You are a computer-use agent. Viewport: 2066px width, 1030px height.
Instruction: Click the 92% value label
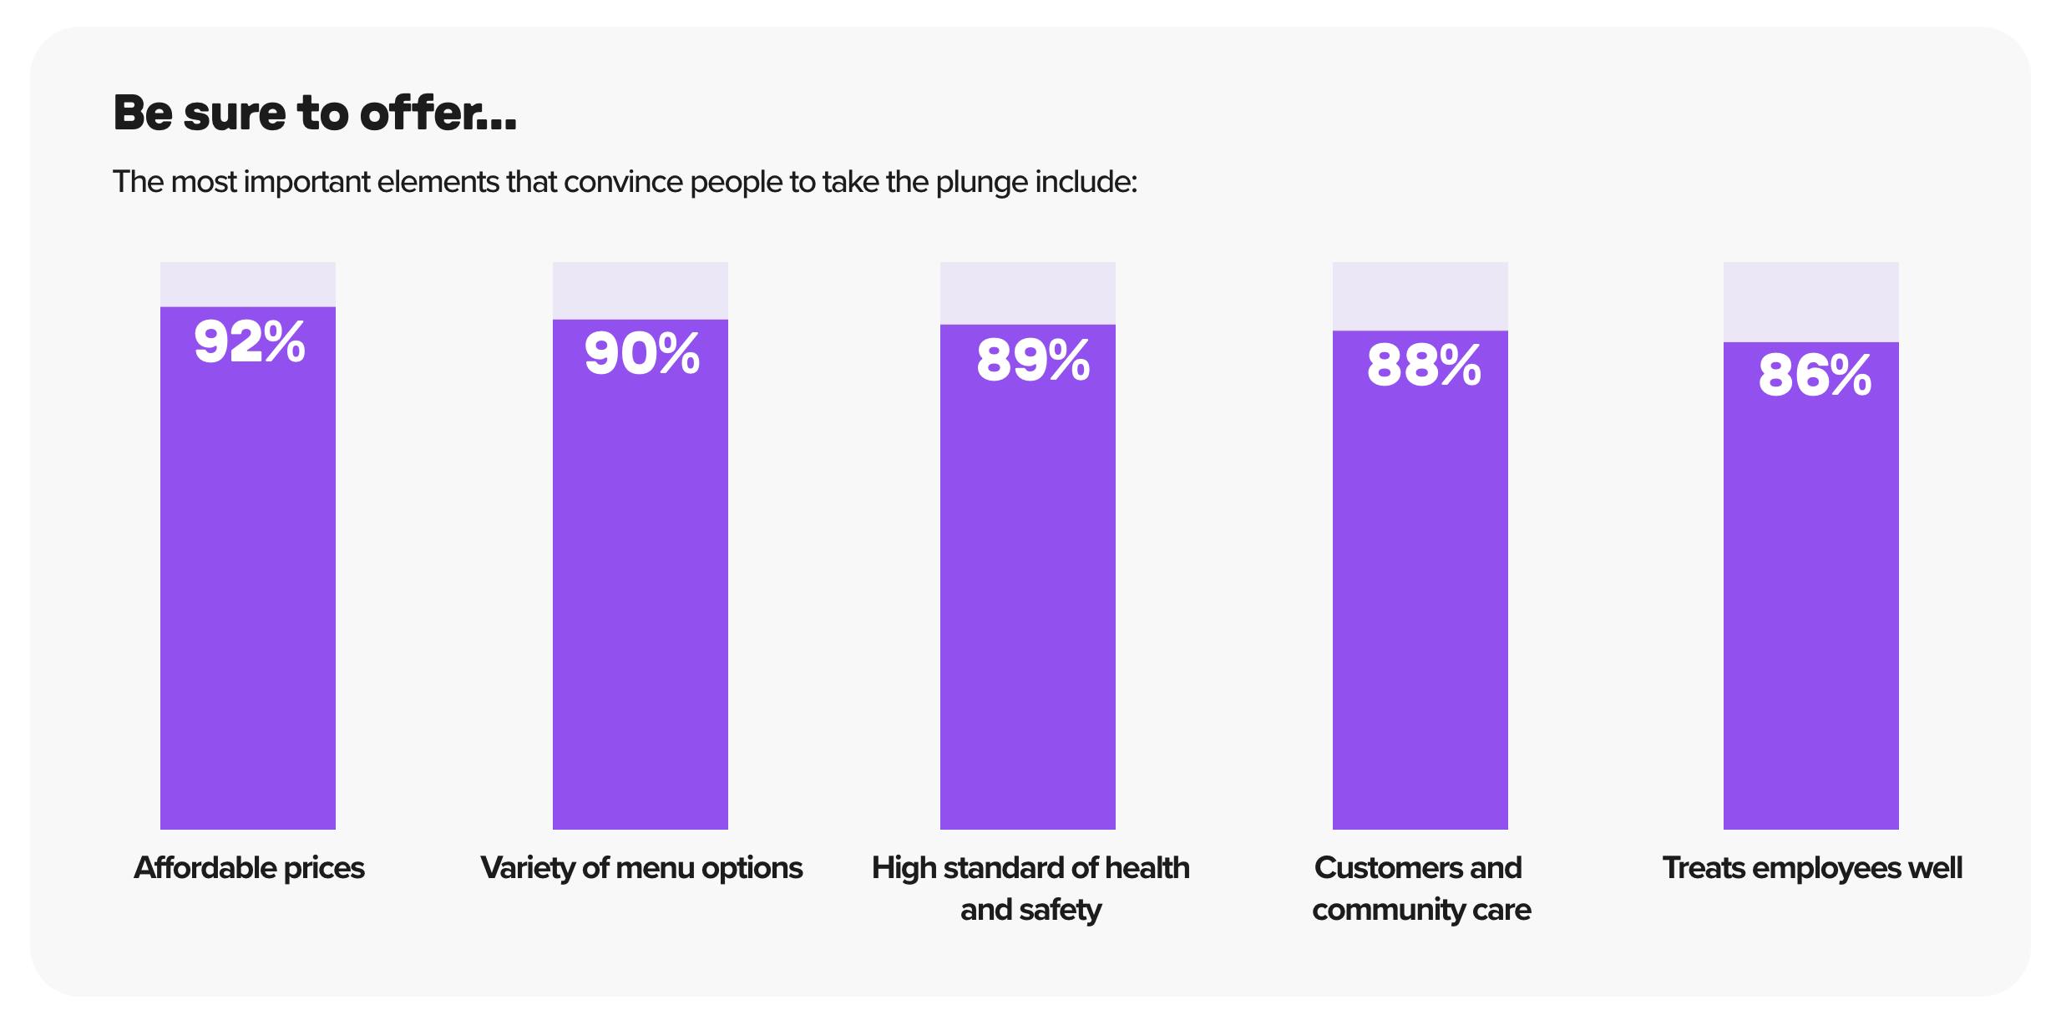(x=249, y=342)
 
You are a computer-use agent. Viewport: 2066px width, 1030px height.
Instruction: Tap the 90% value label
(x=641, y=354)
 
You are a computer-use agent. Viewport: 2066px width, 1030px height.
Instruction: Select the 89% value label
(x=1032, y=361)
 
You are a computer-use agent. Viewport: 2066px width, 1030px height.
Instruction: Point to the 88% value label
(x=1423, y=366)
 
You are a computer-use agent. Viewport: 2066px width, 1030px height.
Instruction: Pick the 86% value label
(x=1814, y=376)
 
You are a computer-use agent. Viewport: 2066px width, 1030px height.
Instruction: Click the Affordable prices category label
(x=249, y=868)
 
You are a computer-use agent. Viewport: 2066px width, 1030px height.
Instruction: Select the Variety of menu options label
(x=641, y=868)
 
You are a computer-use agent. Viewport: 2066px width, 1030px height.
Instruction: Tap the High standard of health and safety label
(x=1030, y=888)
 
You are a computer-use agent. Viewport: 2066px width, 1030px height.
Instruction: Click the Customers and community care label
(x=1420, y=888)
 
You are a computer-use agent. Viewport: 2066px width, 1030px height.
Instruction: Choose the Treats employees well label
(x=1812, y=868)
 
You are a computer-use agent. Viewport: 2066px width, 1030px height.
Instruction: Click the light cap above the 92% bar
(x=248, y=284)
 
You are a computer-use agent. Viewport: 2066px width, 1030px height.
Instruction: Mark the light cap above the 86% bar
(x=1810, y=301)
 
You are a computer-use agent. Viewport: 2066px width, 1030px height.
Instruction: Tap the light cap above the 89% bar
(x=1027, y=293)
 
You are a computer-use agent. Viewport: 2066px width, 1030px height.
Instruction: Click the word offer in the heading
(x=423, y=114)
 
